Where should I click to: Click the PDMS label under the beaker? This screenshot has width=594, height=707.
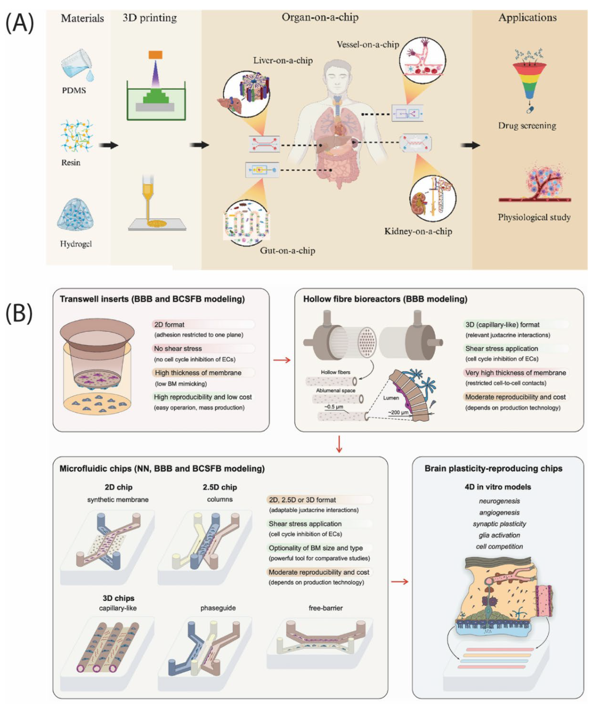pyautogui.click(x=74, y=90)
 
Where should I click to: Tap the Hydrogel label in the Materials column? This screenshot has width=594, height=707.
pyautogui.click(x=76, y=244)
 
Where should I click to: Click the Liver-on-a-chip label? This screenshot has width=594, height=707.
pyautogui.click(x=283, y=61)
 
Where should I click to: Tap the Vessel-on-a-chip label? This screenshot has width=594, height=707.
pyautogui.click(x=368, y=44)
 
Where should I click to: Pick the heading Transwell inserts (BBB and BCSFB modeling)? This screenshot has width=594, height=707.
pyautogui.click(x=152, y=299)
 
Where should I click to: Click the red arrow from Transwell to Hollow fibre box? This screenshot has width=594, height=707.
pyautogui.click(x=282, y=360)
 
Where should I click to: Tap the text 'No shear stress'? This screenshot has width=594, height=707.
pyautogui.click(x=178, y=348)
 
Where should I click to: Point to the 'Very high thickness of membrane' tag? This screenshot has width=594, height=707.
pyautogui.click(x=515, y=373)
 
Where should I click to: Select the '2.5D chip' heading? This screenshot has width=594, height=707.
pyautogui.click(x=220, y=487)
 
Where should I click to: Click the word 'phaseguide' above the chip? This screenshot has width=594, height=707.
pyautogui.click(x=218, y=608)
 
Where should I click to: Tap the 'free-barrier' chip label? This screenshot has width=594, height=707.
pyautogui.click(x=325, y=608)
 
